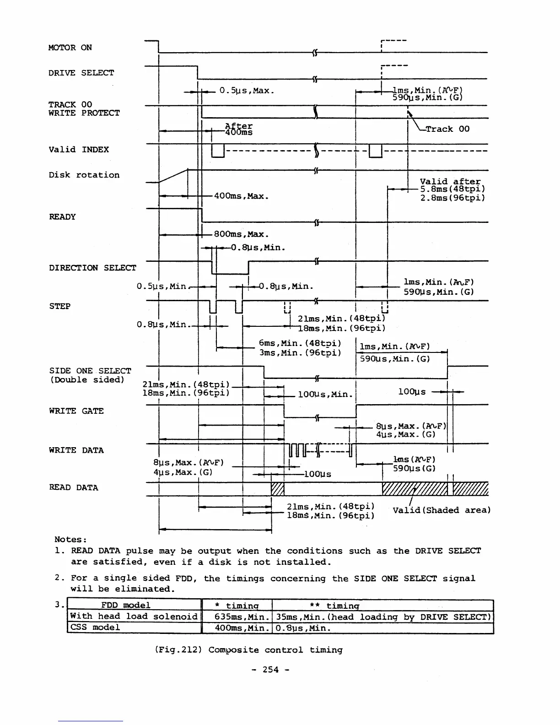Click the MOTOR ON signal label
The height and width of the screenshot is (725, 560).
click(x=70, y=48)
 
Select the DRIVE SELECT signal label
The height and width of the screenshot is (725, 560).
click(x=81, y=73)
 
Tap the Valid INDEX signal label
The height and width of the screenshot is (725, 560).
click(x=79, y=150)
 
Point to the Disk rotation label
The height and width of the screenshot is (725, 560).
click(x=84, y=175)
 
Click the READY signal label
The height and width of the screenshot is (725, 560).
click(x=62, y=217)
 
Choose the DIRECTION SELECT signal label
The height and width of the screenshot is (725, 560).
click(x=92, y=268)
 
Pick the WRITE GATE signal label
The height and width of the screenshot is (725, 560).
click(x=76, y=411)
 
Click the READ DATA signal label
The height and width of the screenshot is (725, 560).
click(x=73, y=487)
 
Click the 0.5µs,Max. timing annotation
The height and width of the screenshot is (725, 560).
click(x=247, y=91)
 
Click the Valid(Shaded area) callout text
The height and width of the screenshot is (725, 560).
click(x=442, y=510)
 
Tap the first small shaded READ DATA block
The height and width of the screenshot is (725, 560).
click(x=278, y=489)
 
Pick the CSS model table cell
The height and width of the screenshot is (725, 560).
click(x=95, y=627)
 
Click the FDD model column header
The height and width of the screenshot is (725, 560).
click(x=125, y=605)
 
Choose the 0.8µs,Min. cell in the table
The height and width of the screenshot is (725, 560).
click(x=303, y=628)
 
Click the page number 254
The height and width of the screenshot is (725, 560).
click(x=270, y=670)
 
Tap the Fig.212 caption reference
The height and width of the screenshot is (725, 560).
click(x=179, y=650)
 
